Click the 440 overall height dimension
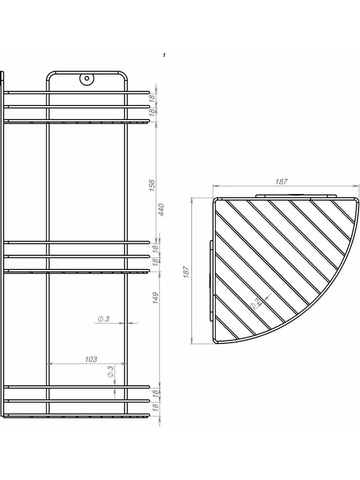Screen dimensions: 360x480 click(161, 210)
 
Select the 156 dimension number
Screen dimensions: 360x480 click(152, 186)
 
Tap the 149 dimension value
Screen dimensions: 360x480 click(156, 298)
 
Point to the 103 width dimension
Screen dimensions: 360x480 click(91, 359)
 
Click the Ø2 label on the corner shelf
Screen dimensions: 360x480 click(255, 303)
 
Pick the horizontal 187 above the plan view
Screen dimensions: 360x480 click(281, 181)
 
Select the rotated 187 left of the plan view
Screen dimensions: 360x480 click(186, 272)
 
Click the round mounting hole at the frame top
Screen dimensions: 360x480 click(87, 78)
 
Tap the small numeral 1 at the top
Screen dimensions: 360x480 click(164, 55)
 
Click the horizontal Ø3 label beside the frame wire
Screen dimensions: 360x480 click(103, 319)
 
